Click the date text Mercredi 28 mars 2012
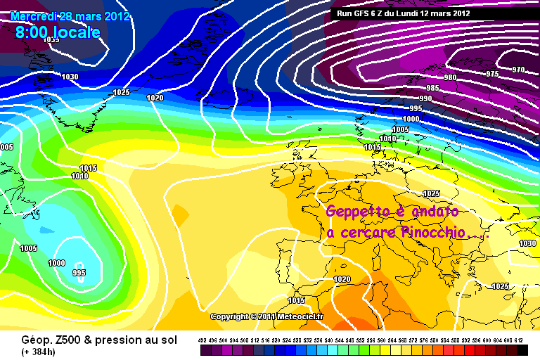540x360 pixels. (x=70, y=17)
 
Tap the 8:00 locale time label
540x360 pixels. (x=57, y=32)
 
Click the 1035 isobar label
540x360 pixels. (x=51, y=40)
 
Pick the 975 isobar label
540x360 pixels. (x=492, y=74)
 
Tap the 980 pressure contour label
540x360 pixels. (x=450, y=77)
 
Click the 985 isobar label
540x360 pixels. (x=432, y=88)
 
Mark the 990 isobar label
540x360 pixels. (x=425, y=98)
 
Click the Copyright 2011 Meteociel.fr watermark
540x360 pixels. (x=266, y=317)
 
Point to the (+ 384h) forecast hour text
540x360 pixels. (x=24, y=351)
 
